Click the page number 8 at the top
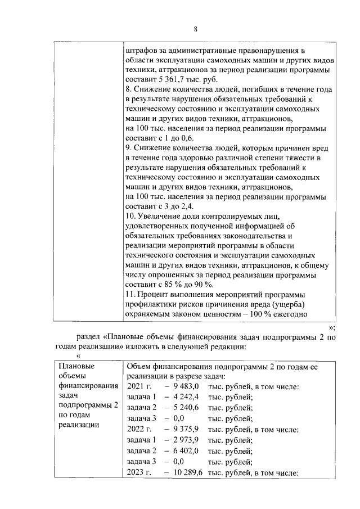[195, 30]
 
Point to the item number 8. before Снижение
[129, 89]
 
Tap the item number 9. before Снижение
[129, 148]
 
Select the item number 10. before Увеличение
[132, 216]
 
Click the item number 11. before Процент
[132, 295]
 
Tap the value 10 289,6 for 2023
[184, 473]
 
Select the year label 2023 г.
[139, 473]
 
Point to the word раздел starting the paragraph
[88, 337]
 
